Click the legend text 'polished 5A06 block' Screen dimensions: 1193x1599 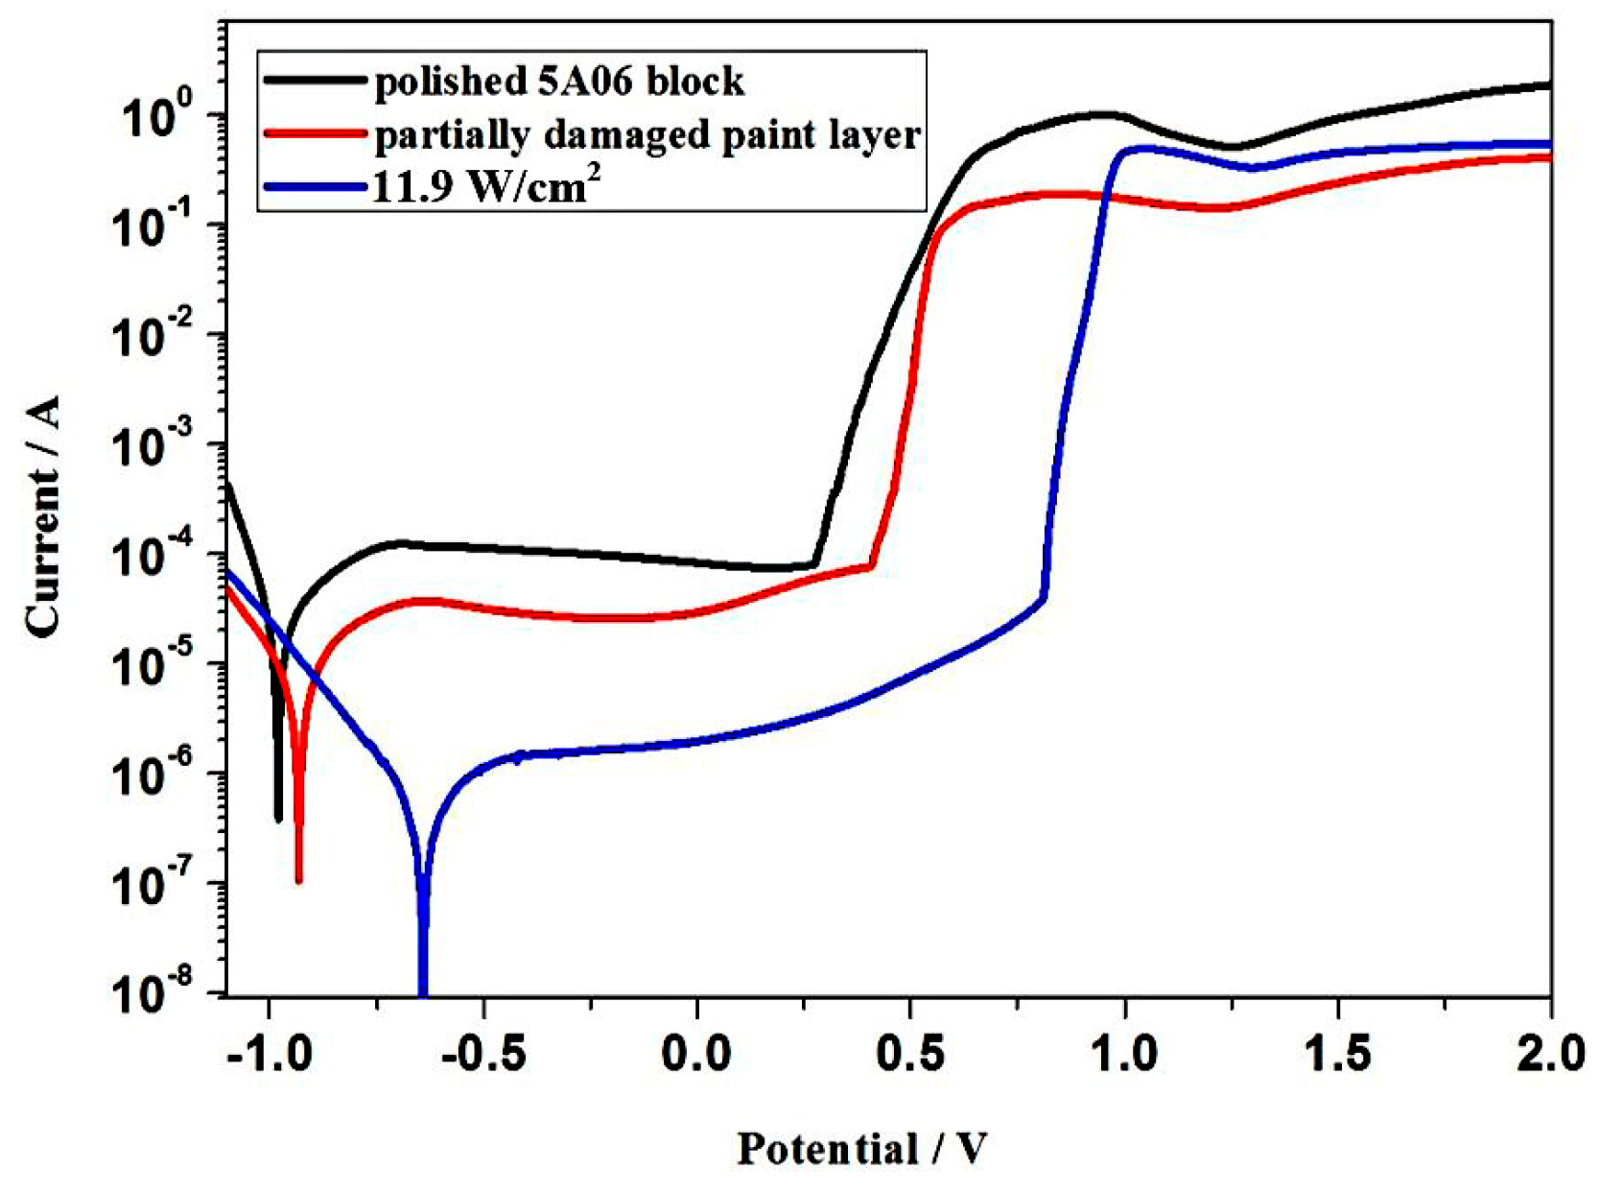(558, 81)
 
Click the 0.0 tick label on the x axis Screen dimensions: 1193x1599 (697, 1054)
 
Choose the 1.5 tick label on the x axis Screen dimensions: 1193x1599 (1337, 1054)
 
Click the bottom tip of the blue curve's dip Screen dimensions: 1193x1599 (423, 990)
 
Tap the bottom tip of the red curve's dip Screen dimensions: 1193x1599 (299, 878)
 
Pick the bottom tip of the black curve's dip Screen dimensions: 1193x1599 (279, 818)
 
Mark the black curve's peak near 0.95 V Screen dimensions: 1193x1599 (1103, 114)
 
